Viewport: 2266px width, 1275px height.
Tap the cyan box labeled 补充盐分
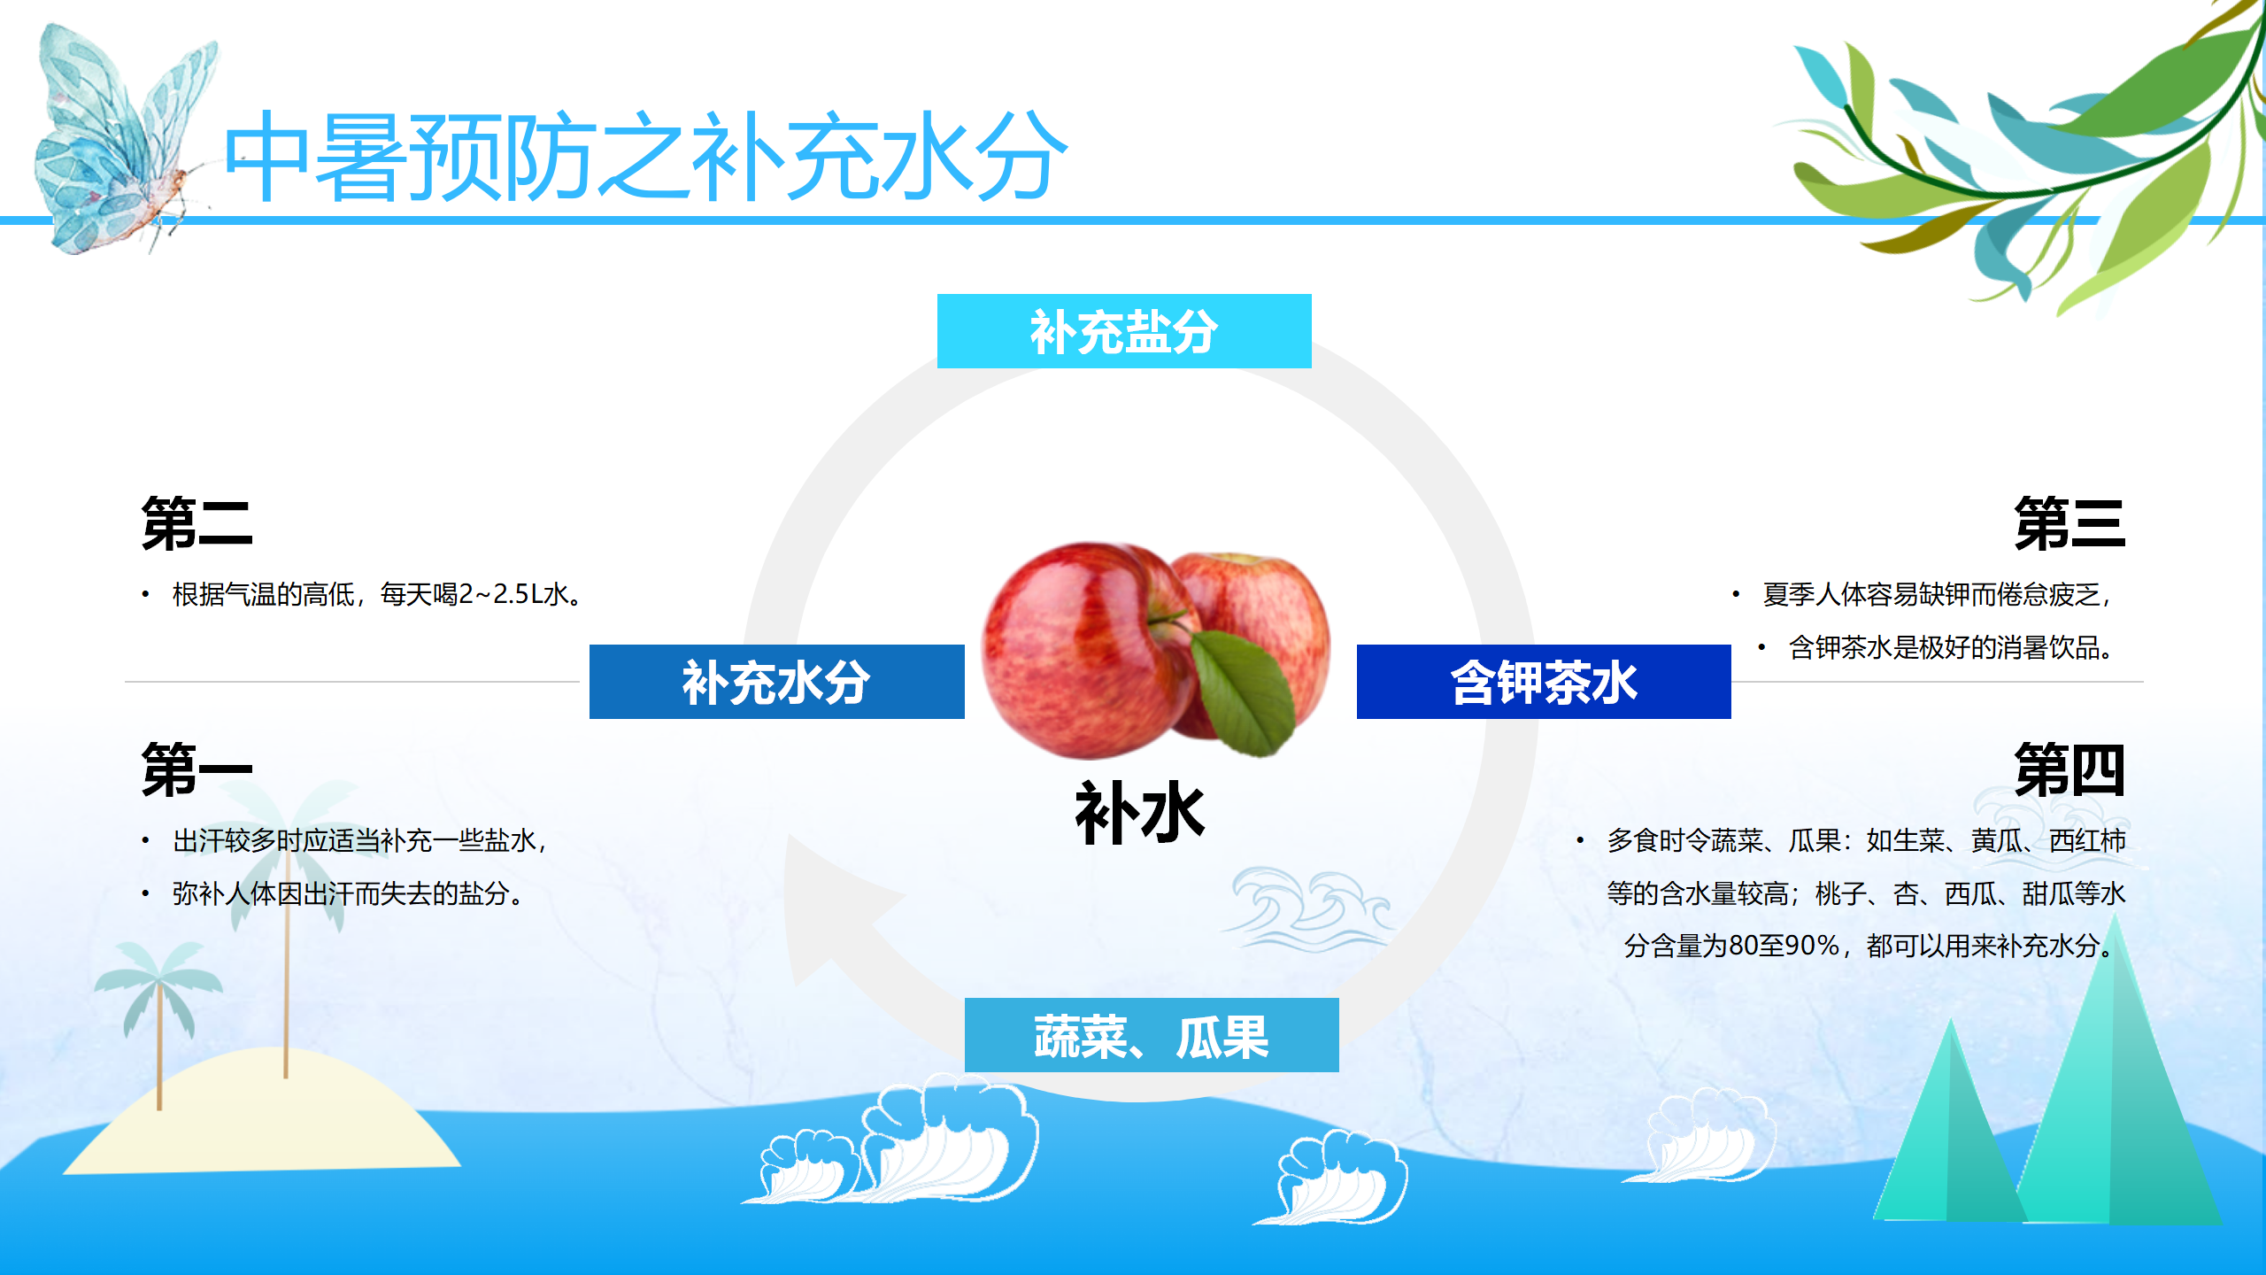click(1124, 331)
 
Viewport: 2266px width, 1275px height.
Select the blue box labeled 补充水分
click(776, 682)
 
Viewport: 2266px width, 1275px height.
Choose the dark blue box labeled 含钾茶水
click(1544, 682)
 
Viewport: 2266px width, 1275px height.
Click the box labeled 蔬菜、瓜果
click(1152, 1035)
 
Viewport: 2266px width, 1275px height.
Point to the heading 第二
click(197, 523)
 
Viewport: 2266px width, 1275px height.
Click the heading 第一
click(197, 769)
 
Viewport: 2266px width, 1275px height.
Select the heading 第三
click(2069, 523)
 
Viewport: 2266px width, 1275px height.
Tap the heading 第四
click(2069, 769)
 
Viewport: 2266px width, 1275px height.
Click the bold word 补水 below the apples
click(1140, 812)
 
